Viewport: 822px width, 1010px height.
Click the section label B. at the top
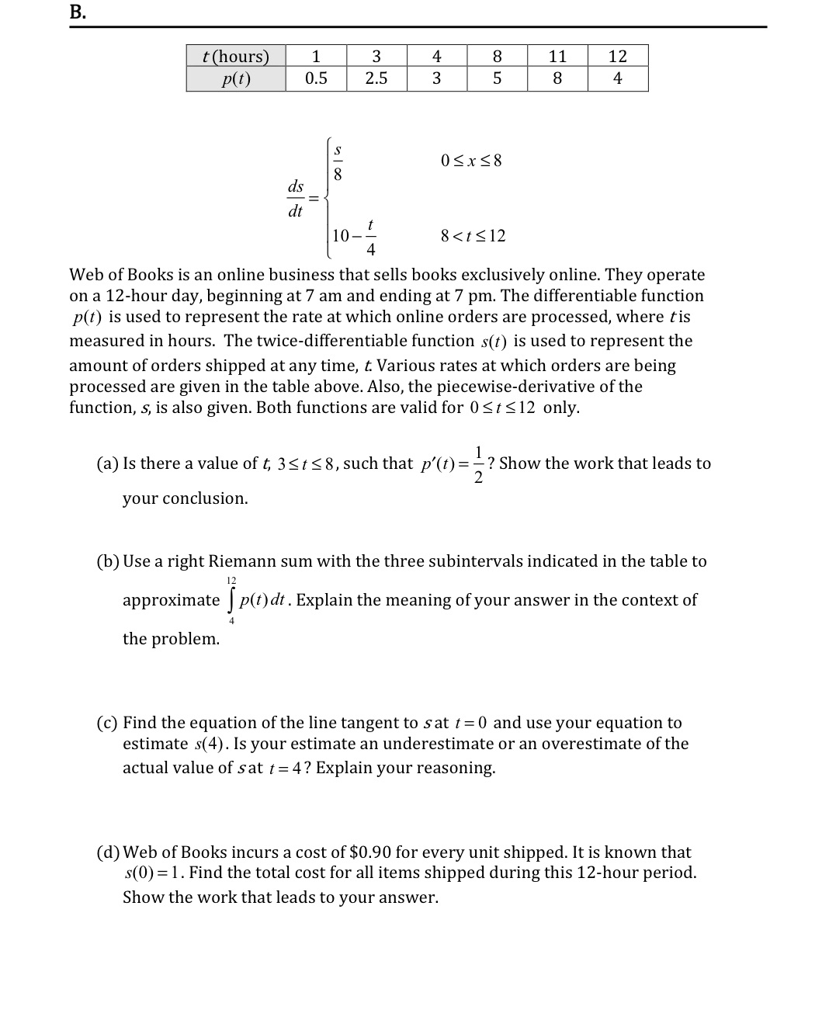(x=77, y=12)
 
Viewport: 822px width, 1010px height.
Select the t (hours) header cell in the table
(x=235, y=56)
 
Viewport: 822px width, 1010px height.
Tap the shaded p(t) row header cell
(x=235, y=78)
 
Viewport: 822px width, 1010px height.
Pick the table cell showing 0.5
(x=316, y=78)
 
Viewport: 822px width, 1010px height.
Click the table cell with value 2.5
(x=376, y=78)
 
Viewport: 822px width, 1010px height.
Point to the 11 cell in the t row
(x=557, y=56)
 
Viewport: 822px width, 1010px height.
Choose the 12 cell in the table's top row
(x=617, y=56)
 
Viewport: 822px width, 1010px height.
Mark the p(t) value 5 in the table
(x=497, y=78)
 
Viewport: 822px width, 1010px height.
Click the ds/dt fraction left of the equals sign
(x=295, y=199)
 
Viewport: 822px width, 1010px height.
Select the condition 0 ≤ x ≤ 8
(x=471, y=161)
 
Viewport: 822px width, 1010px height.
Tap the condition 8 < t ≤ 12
(x=473, y=236)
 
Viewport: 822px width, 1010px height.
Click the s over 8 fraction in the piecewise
(x=338, y=161)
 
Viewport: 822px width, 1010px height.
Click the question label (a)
(x=107, y=463)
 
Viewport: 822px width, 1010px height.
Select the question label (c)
(x=107, y=723)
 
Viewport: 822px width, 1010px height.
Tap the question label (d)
(x=107, y=852)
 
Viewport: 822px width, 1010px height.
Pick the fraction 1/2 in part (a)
(x=479, y=464)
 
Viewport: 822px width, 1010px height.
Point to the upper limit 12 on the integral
(x=231, y=581)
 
